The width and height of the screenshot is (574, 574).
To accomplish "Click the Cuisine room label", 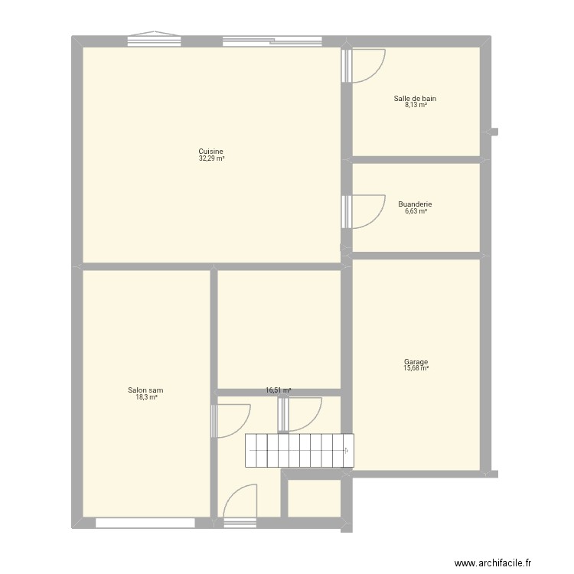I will point(210,152).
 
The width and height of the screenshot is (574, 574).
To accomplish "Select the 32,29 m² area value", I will point(211,158).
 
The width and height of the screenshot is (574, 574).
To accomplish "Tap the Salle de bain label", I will point(416,98).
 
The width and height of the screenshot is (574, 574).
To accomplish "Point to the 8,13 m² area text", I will point(416,105).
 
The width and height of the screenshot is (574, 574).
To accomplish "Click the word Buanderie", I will point(416,204).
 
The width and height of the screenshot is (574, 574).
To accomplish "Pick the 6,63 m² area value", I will point(416,211).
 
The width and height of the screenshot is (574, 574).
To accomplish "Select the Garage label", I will point(416,362).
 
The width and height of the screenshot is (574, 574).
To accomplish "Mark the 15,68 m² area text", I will point(416,369).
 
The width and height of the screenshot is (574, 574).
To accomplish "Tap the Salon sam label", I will point(145,390).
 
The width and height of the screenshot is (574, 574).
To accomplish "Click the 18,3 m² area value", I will point(145,397).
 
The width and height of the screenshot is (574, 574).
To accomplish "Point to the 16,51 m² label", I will point(279,390).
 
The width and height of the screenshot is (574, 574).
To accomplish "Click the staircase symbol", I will point(299,450).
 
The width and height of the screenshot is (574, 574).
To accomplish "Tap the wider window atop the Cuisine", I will point(272,41).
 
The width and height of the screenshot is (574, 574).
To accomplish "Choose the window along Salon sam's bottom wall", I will point(145,523).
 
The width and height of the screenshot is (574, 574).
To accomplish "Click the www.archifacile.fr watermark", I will point(491,563).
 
